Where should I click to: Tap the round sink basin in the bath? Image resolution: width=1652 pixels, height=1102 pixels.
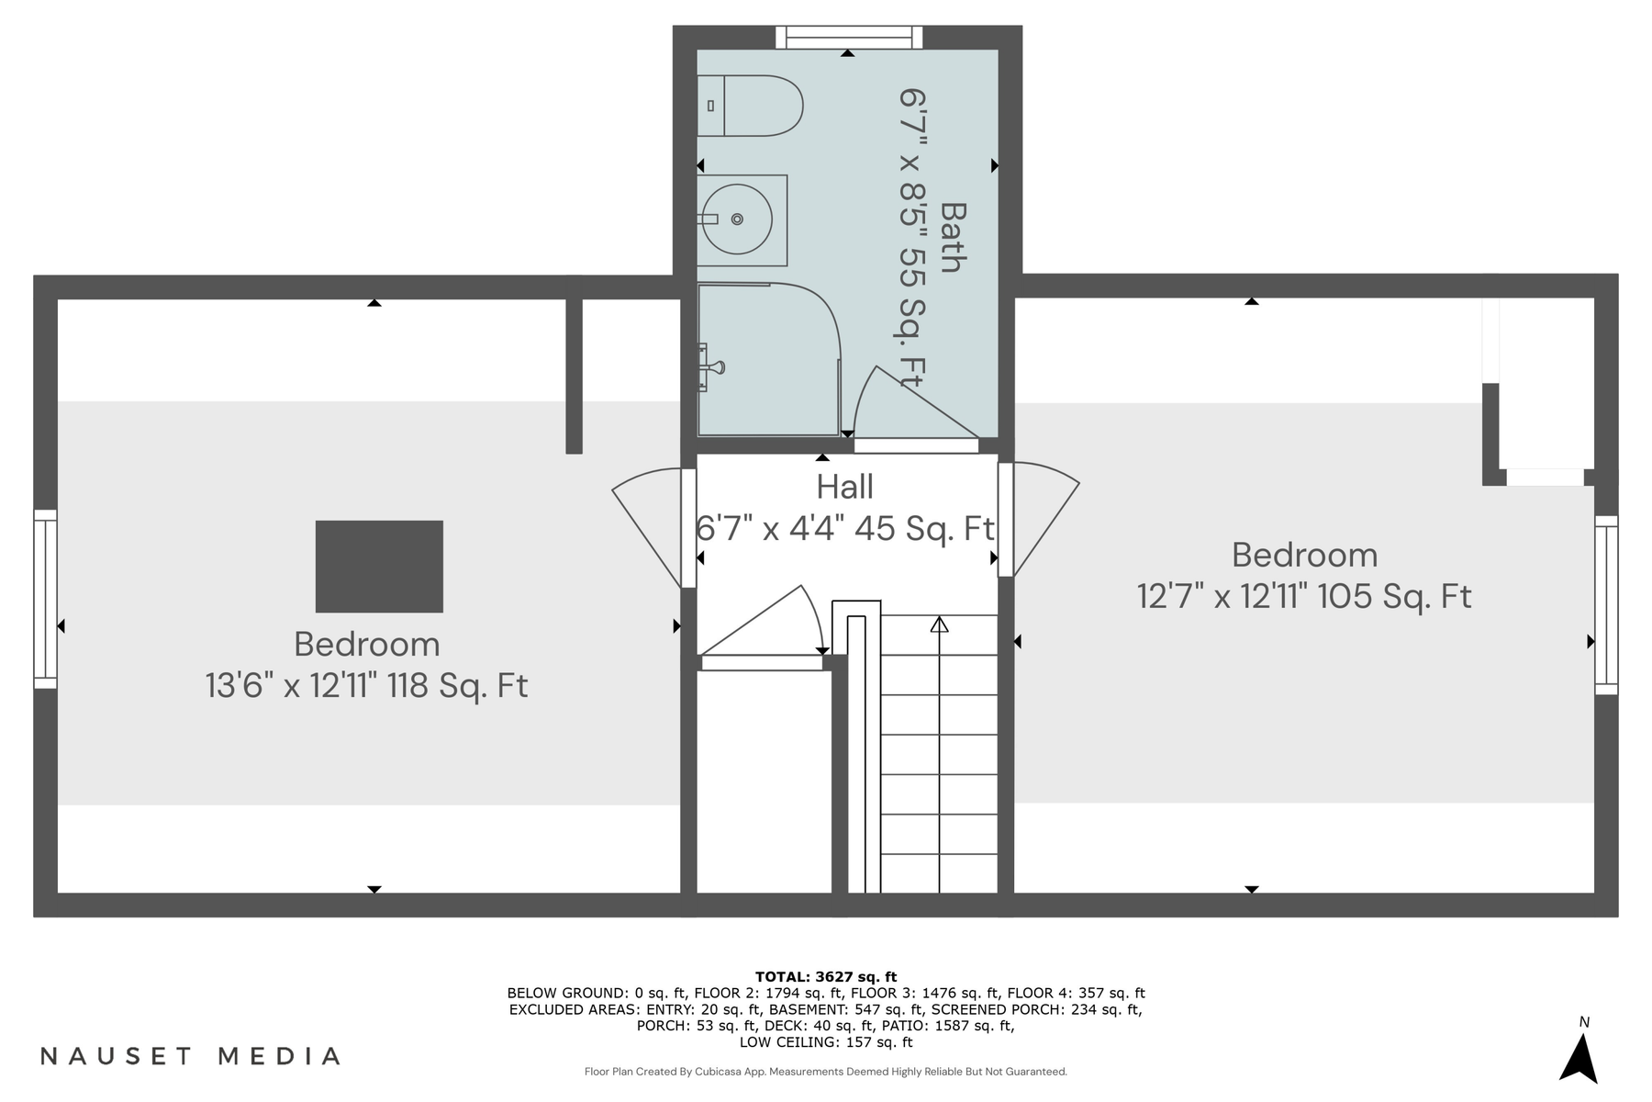[x=737, y=219]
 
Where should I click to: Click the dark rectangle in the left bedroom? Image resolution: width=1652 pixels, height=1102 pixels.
[x=379, y=567]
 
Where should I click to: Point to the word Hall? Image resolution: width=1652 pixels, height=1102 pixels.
[x=844, y=487]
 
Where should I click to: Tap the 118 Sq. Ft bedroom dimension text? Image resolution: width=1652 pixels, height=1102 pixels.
[x=366, y=686]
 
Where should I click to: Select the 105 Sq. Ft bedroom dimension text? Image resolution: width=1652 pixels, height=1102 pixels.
[x=1304, y=597]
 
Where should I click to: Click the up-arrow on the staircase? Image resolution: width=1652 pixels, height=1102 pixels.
[x=939, y=625]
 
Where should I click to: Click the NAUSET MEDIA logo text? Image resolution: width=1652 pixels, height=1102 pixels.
[x=191, y=1056]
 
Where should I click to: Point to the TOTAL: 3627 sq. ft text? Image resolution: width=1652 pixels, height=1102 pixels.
[x=826, y=977]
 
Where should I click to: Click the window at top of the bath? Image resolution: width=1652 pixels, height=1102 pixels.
[x=849, y=38]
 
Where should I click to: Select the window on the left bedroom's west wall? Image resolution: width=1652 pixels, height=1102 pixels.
[x=45, y=599]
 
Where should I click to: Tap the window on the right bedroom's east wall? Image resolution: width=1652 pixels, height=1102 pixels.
[x=1606, y=604]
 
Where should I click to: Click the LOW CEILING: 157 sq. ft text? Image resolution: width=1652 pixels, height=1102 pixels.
[x=826, y=1042]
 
